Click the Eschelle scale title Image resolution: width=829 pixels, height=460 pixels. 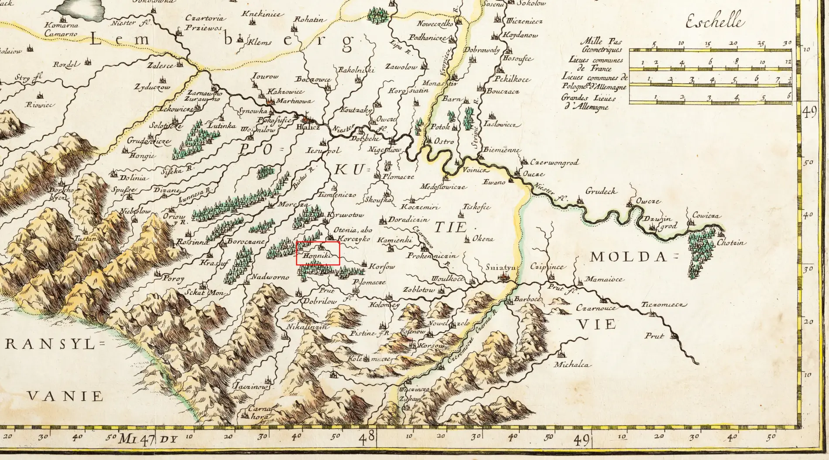(713, 21)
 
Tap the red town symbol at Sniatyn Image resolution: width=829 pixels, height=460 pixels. (505, 276)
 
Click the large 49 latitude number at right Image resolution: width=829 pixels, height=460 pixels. (809, 112)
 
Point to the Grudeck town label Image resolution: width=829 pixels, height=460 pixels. (600, 191)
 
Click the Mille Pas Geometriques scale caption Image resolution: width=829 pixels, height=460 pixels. (601, 46)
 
